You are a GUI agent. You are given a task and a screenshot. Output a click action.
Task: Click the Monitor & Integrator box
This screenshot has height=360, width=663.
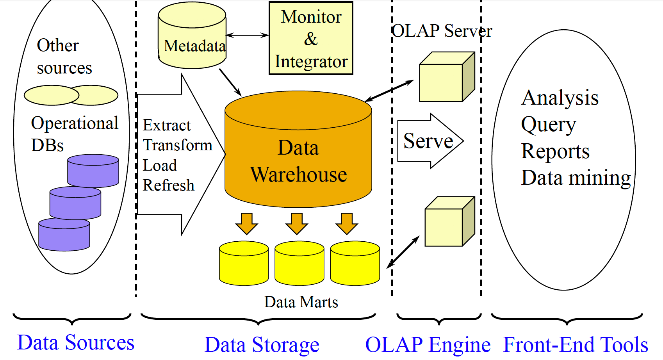(x=311, y=38)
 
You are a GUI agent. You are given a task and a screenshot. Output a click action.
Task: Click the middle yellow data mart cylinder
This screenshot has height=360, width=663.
(x=299, y=264)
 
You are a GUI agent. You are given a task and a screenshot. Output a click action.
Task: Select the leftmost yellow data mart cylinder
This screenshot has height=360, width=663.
(x=244, y=264)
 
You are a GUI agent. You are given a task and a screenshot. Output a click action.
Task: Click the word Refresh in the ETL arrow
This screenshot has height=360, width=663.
(x=168, y=185)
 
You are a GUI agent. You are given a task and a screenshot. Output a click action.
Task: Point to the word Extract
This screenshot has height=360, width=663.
(x=167, y=125)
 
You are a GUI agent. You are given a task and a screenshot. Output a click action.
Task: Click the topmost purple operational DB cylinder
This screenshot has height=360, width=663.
(x=93, y=171)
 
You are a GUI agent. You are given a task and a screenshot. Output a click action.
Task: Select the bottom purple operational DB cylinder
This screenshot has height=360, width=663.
(x=64, y=235)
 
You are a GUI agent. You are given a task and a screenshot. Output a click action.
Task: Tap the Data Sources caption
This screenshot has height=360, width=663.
(x=76, y=343)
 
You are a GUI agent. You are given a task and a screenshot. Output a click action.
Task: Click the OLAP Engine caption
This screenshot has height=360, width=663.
(x=428, y=345)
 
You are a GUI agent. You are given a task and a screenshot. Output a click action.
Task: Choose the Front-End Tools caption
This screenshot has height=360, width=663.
(x=576, y=345)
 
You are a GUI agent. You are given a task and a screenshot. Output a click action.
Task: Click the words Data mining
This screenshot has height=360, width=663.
(x=576, y=178)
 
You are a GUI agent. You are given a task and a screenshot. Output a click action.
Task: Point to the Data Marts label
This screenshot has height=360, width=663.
(x=301, y=302)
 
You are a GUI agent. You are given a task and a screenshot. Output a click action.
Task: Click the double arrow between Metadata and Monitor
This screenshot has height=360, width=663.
(x=248, y=35)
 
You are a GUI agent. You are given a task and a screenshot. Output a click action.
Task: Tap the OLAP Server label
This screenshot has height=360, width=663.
(x=442, y=31)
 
